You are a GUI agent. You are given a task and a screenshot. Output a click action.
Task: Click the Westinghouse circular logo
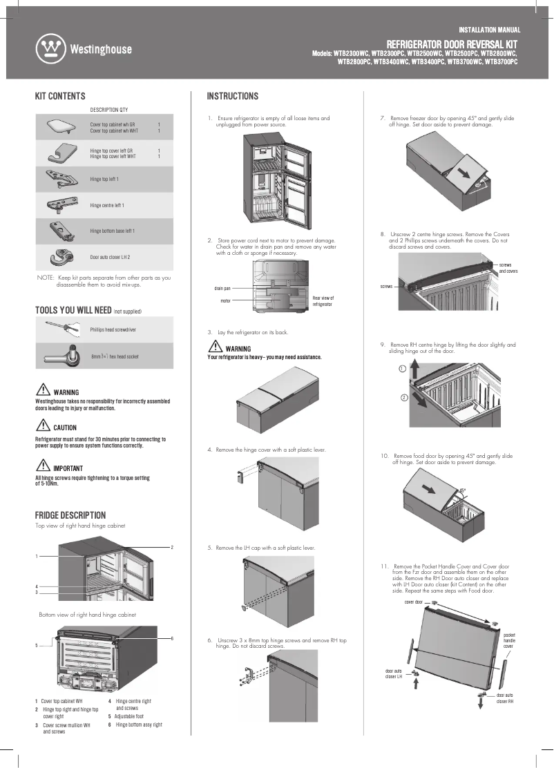coord(50,49)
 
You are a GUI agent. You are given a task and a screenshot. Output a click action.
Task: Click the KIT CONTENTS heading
coord(60,97)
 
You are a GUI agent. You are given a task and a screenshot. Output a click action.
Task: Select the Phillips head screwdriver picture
coord(61,329)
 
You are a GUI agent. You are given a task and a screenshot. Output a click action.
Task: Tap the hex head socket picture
coord(60,356)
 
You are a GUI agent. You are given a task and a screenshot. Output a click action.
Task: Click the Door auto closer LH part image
coord(61,256)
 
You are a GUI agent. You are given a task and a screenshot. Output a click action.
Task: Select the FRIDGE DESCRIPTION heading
coord(70,515)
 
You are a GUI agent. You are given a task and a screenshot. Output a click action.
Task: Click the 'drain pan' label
coord(222,287)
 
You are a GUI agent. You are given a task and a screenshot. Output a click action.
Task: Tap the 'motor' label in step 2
coord(225,301)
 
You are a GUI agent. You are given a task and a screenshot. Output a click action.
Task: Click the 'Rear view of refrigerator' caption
coord(323,301)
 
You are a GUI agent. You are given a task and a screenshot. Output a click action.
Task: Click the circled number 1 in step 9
coord(401,369)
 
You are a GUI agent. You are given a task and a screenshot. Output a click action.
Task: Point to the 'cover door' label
coord(413,602)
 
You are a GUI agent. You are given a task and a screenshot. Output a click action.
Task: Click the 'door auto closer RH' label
coord(504,698)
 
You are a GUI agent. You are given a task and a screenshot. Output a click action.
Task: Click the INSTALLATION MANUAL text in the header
coord(489,30)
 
